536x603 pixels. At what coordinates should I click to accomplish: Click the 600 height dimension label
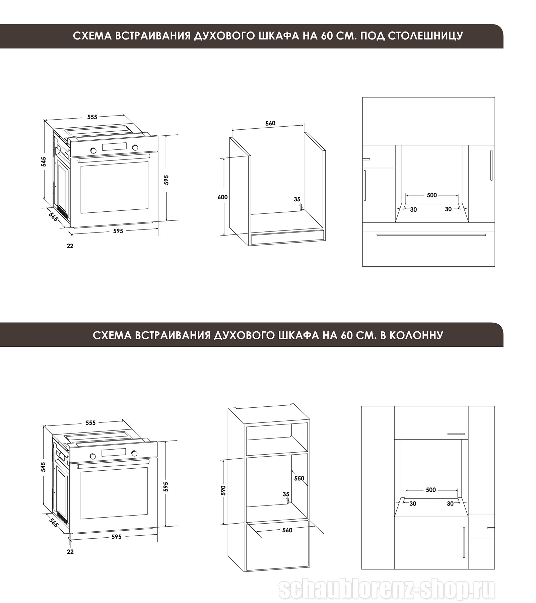tap(222, 197)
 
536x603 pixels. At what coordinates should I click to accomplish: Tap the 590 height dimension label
tap(223, 490)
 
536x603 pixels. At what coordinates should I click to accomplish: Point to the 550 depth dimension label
tap(299, 478)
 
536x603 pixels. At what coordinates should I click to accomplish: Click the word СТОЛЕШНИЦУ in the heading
tap(425, 36)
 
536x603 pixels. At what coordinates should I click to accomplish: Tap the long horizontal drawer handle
tap(431, 235)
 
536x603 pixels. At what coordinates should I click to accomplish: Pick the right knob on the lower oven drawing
tap(134, 453)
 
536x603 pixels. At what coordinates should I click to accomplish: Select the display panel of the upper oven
tap(114, 147)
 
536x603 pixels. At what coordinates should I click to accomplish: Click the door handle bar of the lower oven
tap(113, 464)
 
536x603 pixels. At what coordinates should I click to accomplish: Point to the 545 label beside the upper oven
tap(44, 161)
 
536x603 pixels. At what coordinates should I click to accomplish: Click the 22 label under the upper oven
tap(70, 246)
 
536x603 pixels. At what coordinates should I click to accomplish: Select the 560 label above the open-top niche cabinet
tap(270, 123)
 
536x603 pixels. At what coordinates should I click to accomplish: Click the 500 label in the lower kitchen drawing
tap(431, 490)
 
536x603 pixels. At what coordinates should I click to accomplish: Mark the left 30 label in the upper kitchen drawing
tap(414, 210)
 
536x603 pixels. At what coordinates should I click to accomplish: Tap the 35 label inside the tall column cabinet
tap(286, 494)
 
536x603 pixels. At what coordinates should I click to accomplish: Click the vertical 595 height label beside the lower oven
tap(165, 487)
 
